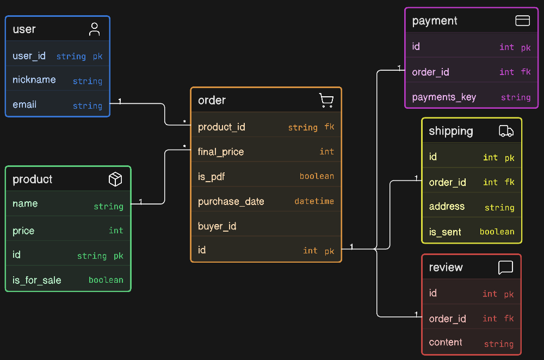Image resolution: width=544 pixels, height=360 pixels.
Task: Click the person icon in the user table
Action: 94,29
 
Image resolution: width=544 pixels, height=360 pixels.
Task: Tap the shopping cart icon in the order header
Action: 326,100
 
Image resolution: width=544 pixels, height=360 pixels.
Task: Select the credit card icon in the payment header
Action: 522,21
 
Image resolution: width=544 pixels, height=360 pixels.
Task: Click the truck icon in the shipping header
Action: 506,131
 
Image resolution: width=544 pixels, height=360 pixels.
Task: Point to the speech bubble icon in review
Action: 505,268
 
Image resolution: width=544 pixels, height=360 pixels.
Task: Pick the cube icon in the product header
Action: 115,179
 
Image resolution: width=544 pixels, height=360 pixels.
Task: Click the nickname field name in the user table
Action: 34,80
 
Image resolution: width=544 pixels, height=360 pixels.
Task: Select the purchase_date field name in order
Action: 231,202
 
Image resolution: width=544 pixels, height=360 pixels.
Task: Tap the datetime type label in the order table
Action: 314,201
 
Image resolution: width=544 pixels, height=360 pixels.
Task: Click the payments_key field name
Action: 444,97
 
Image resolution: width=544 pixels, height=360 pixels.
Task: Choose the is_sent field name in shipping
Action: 445,232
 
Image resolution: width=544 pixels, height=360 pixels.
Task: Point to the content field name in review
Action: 446,342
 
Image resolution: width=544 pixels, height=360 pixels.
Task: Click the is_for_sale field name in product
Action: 37,280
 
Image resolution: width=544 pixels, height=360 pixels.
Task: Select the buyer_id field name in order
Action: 217,226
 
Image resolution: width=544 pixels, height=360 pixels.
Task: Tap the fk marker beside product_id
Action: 329,127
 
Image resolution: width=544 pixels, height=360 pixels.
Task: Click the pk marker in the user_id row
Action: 97,57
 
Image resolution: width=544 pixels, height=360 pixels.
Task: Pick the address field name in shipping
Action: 447,206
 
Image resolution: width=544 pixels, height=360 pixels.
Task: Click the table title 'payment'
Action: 435,21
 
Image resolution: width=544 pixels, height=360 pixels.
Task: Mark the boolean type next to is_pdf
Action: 317,176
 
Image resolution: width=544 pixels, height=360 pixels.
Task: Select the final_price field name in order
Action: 221,152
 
